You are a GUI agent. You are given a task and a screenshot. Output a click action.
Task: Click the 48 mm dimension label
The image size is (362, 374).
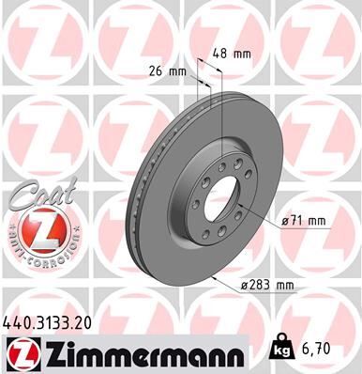(x=231, y=55)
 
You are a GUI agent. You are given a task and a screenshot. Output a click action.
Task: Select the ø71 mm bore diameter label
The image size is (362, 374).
(x=304, y=221)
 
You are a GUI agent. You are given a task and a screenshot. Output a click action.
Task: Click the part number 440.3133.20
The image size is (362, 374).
(x=55, y=321)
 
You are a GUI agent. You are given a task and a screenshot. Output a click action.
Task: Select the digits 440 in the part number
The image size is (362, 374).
(x=19, y=321)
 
